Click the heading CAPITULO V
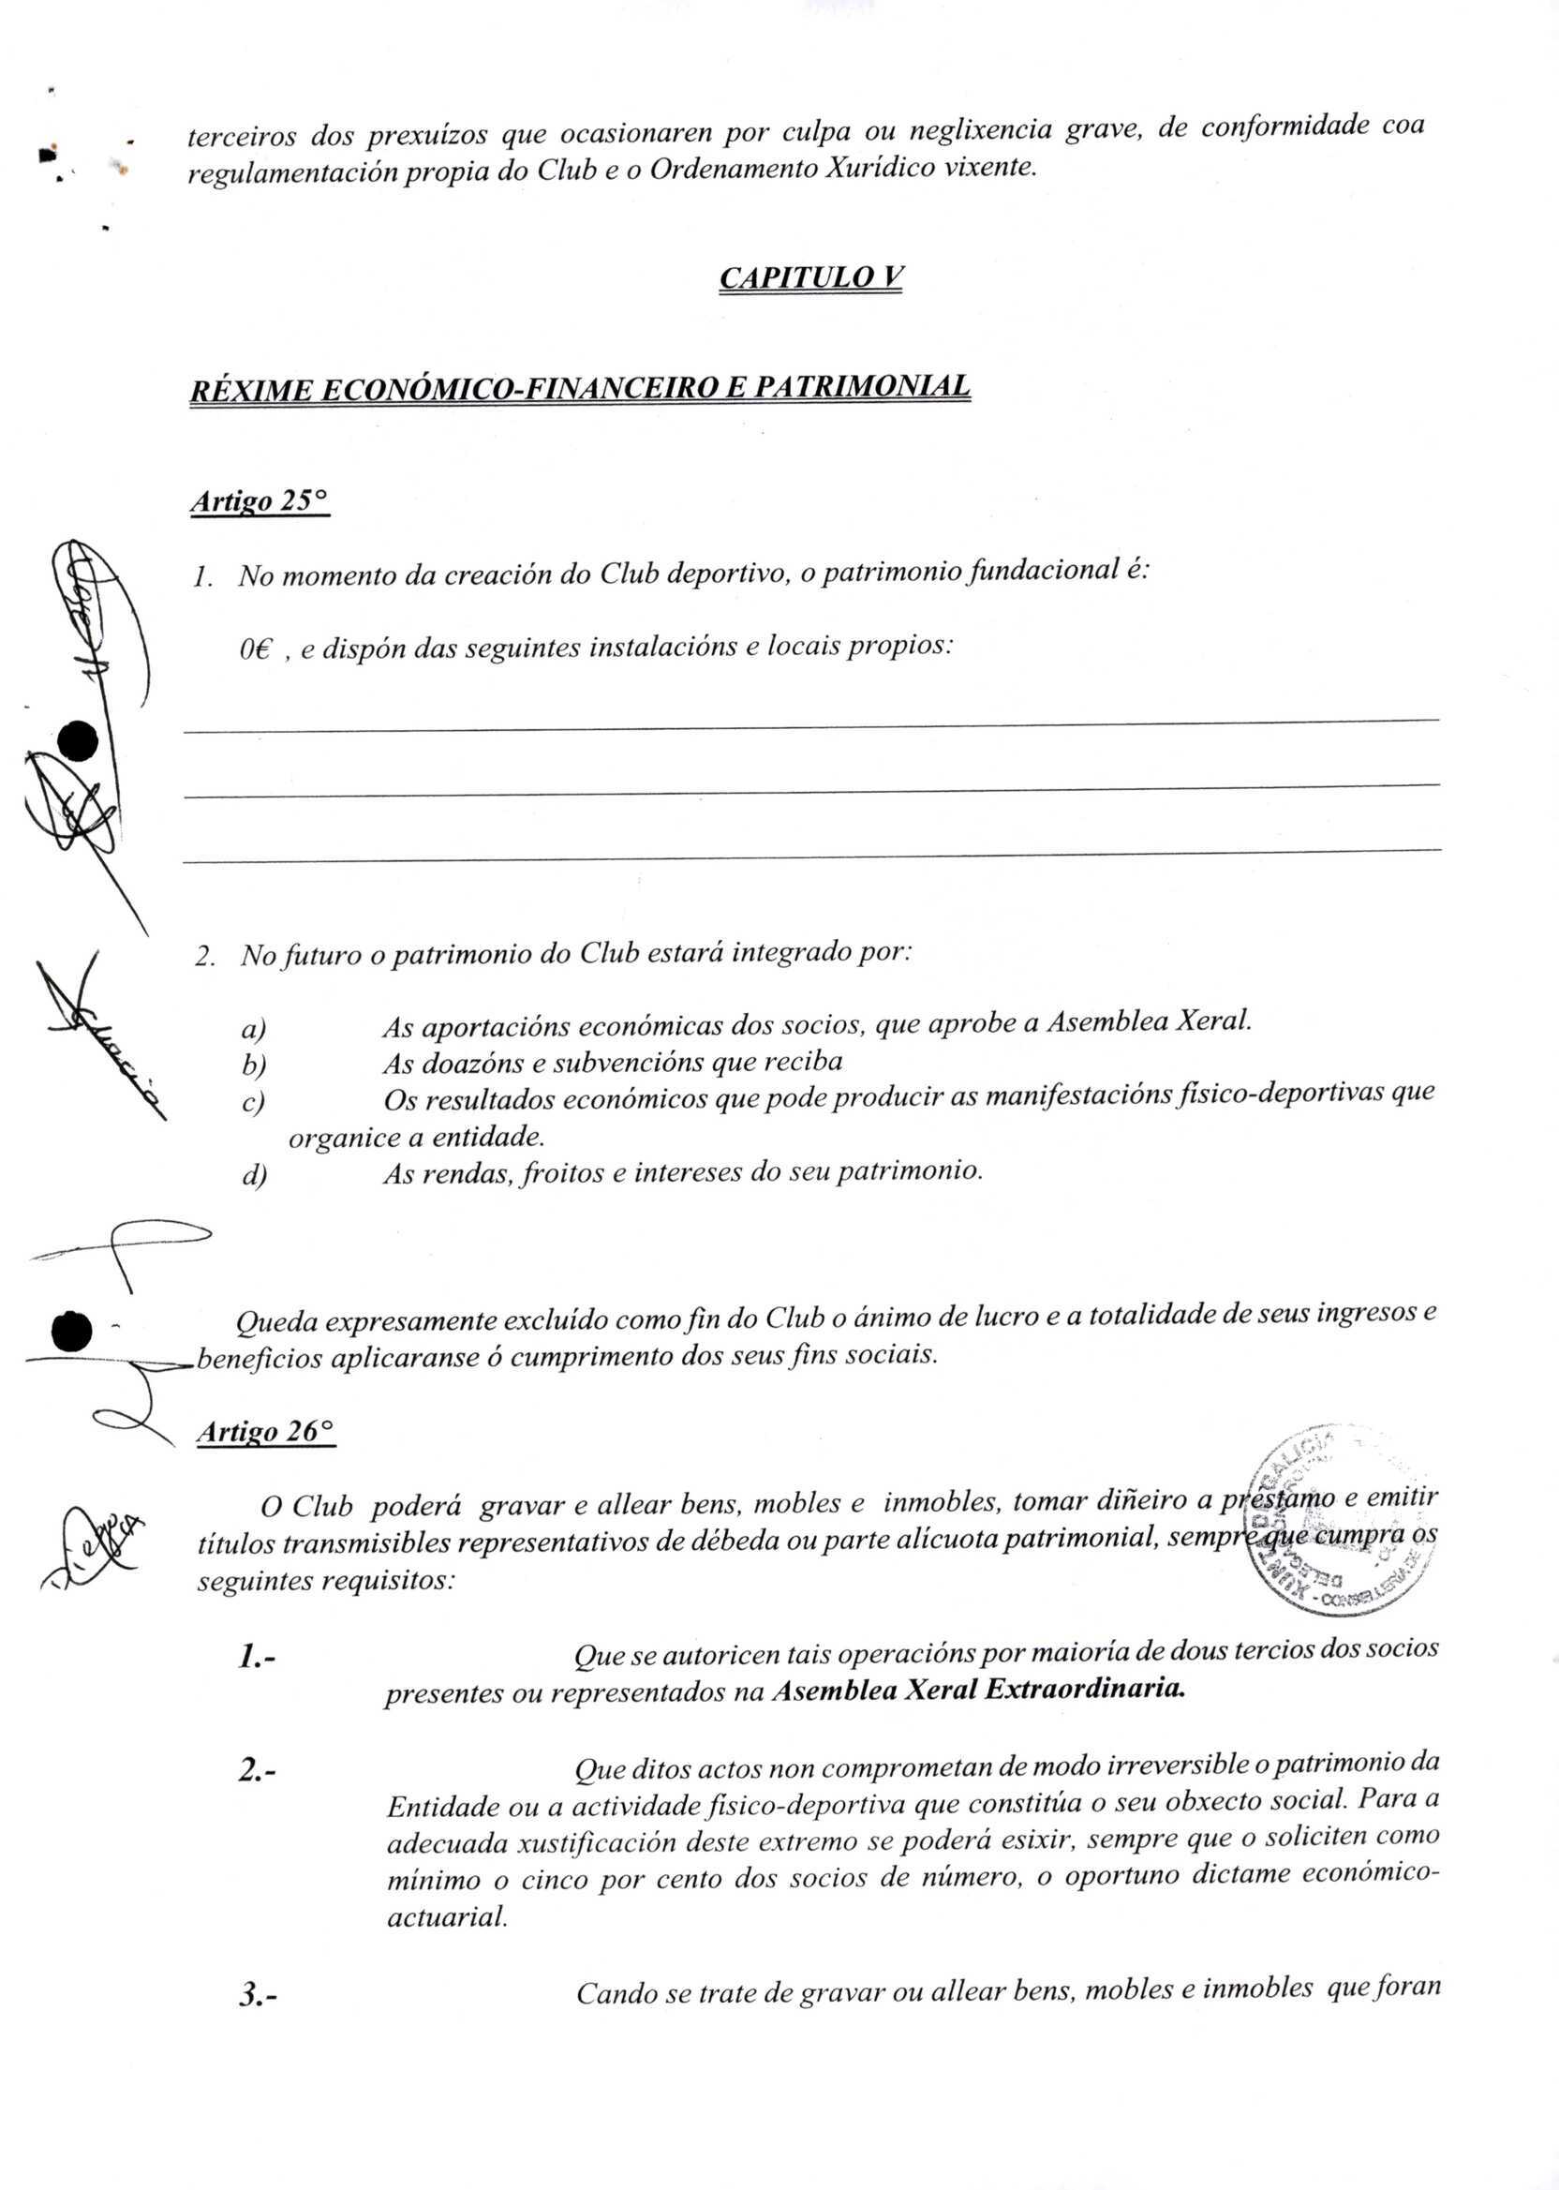pyautogui.click(x=810, y=277)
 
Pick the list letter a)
pyautogui.click(x=254, y=1029)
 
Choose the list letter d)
pyautogui.click(x=254, y=1175)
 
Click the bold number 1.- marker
pyautogui.click(x=258, y=1655)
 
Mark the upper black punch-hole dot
pyautogui.click(x=78, y=741)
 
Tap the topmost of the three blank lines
pyautogui.click(x=811, y=724)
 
